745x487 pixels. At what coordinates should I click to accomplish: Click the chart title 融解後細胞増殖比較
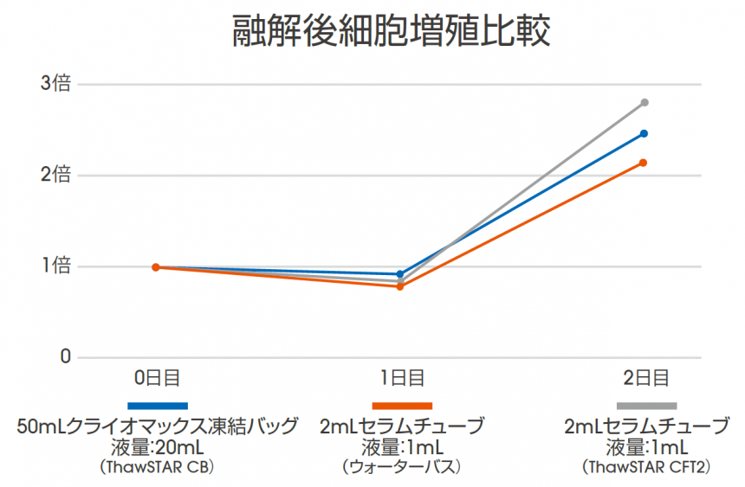tap(392, 32)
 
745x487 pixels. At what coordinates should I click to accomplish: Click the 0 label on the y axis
tap(63, 357)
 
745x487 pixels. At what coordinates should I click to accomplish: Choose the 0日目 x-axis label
tap(157, 378)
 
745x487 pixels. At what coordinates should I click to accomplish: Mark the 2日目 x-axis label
tap(645, 378)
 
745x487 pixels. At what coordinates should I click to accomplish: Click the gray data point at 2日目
tap(645, 103)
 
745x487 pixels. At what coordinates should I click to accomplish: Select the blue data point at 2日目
tap(645, 133)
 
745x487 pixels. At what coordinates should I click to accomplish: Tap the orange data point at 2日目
tap(644, 163)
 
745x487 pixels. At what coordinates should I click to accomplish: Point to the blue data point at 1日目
tap(400, 274)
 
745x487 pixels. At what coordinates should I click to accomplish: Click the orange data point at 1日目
tap(400, 286)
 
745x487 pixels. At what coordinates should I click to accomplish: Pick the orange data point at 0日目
tap(156, 267)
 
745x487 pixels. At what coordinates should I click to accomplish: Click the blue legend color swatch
tap(158, 406)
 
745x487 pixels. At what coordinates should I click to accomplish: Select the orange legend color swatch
tap(402, 406)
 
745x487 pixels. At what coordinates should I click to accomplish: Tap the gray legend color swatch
tap(646, 406)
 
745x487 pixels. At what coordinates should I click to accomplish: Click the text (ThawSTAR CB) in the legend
tap(158, 467)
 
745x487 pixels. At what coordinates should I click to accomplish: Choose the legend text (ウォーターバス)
tap(402, 467)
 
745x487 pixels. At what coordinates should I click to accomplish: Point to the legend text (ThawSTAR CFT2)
tap(646, 467)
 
